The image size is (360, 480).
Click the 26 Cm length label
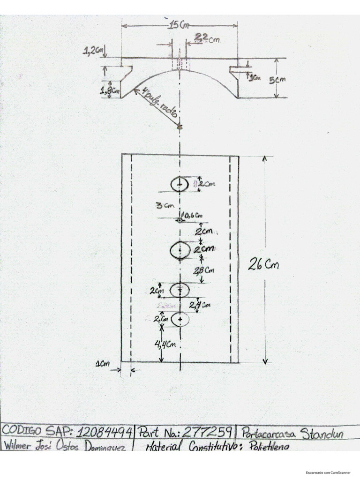(x=264, y=265)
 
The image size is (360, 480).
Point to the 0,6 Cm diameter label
(x=193, y=216)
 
